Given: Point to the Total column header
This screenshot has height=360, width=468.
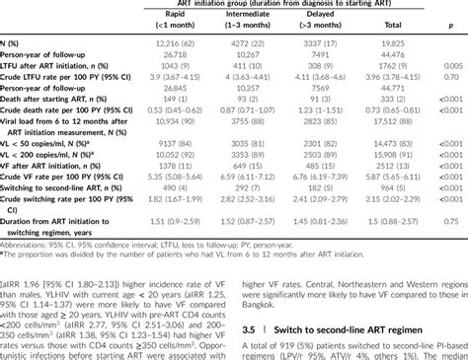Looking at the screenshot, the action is pos(407,27).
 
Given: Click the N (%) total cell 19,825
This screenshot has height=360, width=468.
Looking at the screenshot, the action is pos(407,44).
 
